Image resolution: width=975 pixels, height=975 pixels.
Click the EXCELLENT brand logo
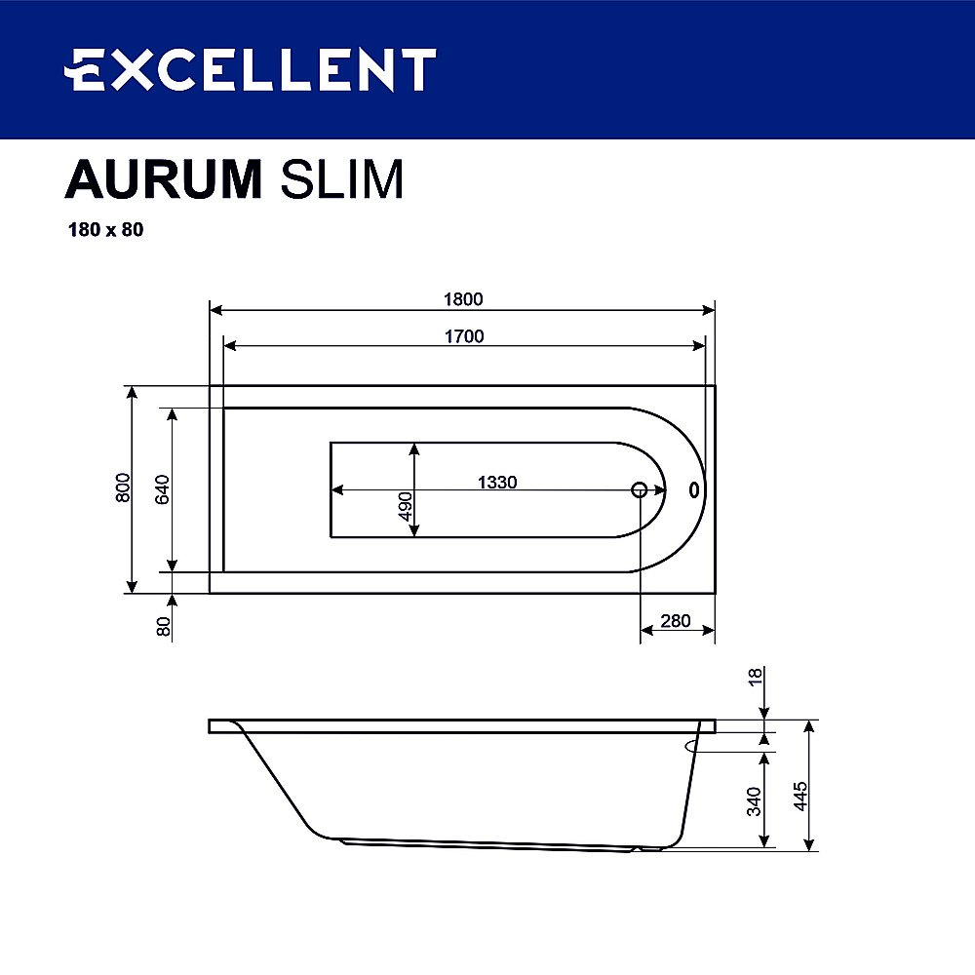(250, 70)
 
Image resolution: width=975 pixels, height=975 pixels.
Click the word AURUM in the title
(164, 180)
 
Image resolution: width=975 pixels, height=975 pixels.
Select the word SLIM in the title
(341, 180)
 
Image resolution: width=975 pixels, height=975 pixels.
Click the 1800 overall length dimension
(464, 299)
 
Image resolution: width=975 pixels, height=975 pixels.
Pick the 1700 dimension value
(464, 336)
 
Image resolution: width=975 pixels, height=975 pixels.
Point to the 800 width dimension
(122, 487)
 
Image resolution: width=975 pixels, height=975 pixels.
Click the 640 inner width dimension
(163, 487)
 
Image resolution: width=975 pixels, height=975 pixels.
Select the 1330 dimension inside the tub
(496, 482)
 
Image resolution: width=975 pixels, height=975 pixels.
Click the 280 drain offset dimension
(675, 621)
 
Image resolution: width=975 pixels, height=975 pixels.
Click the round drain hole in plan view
(640, 489)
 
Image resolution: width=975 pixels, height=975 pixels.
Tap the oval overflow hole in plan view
(694, 489)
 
